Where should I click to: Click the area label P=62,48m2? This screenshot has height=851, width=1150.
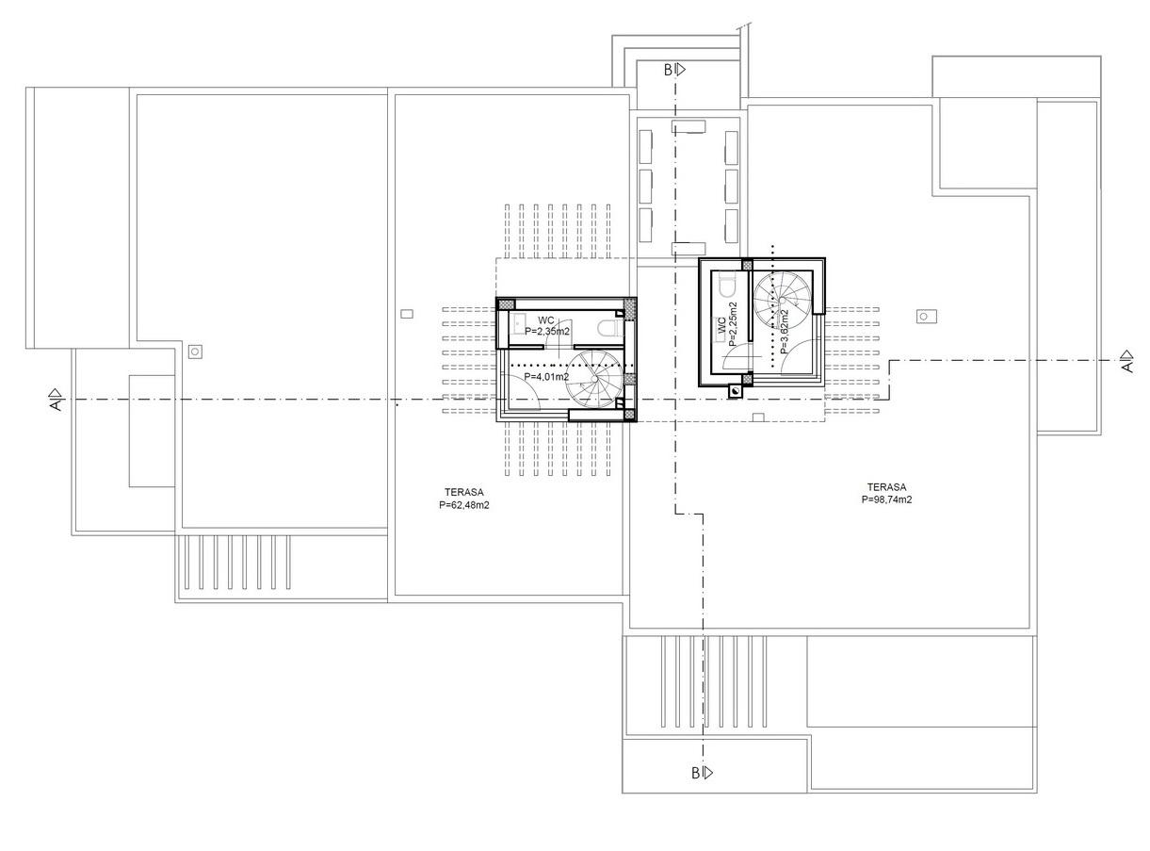[463, 504]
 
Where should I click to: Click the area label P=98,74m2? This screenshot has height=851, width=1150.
[886, 499]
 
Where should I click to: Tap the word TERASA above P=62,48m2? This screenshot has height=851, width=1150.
[464, 492]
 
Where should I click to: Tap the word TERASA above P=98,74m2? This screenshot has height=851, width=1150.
[886, 486]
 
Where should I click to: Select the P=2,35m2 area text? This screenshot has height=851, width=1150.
[547, 331]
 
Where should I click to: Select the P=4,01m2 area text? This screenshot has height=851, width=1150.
[546, 377]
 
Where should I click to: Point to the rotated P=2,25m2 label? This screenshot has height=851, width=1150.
[733, 324]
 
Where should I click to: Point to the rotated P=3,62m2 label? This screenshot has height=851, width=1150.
[784, 332]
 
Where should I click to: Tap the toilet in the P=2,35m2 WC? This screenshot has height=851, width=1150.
[609, 329]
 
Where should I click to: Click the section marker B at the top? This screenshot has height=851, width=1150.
[674, 70]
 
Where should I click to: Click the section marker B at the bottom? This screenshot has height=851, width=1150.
[702, 773]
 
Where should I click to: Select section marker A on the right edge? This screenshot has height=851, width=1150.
[1127, 361]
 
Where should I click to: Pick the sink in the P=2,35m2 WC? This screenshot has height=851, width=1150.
[517, 324]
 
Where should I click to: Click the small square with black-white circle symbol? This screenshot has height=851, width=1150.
[736, 391]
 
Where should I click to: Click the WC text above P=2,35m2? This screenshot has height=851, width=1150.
[546, 320]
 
